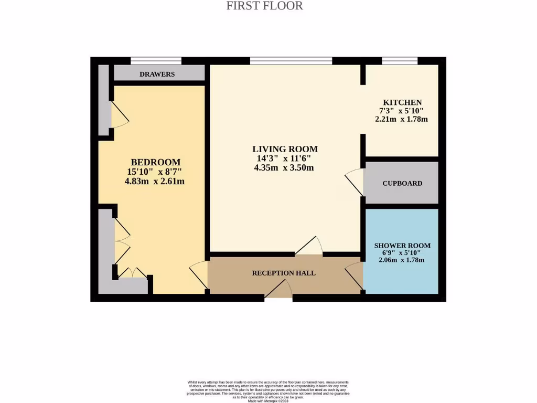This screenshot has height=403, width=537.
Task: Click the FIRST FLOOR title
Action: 264,6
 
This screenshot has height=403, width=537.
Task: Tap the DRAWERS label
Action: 157,74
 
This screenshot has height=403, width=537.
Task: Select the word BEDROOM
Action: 156,162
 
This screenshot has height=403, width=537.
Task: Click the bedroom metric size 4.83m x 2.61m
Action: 155,182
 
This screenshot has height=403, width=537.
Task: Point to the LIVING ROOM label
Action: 285,149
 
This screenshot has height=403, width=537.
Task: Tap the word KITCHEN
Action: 402,102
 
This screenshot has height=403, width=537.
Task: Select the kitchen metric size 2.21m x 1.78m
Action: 401,119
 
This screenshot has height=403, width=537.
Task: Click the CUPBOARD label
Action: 402,183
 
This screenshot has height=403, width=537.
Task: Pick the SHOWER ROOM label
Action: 402,246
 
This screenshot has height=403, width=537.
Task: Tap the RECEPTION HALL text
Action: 284,273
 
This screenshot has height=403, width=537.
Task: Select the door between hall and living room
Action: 309,247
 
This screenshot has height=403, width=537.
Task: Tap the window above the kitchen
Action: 400,61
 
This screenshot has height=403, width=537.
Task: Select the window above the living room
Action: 291,61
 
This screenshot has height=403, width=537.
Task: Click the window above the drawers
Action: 156,61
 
